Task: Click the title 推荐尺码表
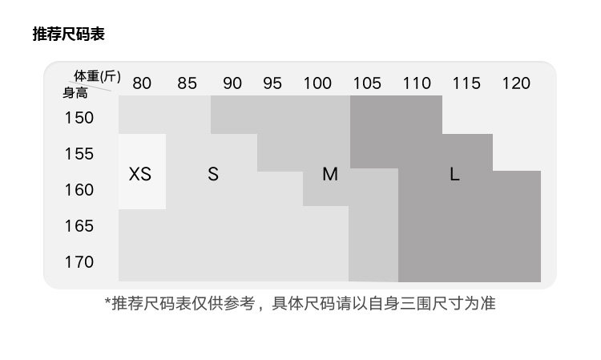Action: coord(68,34)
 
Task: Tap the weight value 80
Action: coord(142,83)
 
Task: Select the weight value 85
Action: coord(187,83)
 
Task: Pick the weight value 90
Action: coord(232,83)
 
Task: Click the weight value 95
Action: coord(272,83)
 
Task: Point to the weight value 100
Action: coord(317,83)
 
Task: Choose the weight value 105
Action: coord(367,83)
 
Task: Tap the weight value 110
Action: coord(417,83)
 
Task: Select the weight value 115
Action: coord(466,83)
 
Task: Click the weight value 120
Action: coord(516,83)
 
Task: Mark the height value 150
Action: coord(79,118)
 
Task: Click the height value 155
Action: coord(79,154)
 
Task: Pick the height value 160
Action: coord(79,190)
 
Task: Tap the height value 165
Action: coord(79,226)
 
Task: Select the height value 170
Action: coord(79,262)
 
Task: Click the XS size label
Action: coord(140,174)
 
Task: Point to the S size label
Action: coord(213,174)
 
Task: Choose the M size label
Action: coord(330,174)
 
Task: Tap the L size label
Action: coord(454,174)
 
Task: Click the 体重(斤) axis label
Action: coord(97,76)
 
